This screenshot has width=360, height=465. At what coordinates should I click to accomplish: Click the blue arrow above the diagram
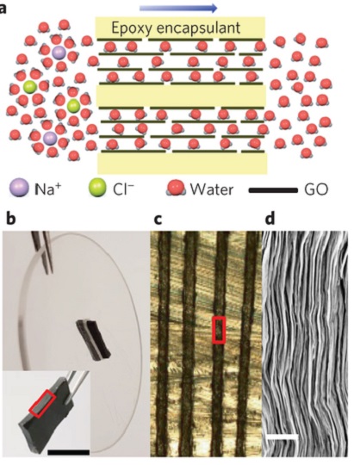tap(178, 9)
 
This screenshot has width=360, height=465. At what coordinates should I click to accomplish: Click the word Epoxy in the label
tap(132, 28)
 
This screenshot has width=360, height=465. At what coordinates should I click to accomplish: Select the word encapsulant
tap(198, 28)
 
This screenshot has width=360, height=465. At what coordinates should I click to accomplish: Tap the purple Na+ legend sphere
tap(19, 188)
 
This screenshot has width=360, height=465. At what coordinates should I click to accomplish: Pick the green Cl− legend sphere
tap(97, 188)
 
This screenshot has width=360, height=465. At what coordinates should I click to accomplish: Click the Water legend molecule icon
tap(176, 189)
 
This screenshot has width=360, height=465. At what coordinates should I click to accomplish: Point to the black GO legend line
tap(273, 190)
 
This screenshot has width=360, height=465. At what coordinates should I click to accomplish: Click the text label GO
tap(316, 189)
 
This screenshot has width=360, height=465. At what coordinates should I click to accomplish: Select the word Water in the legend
tap(212, 189)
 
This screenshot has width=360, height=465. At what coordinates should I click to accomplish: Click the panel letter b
tap(10, 220)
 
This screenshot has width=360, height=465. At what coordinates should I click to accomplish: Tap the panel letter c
tap(158, 220)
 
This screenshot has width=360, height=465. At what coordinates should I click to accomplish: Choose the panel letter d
tap(270, 219)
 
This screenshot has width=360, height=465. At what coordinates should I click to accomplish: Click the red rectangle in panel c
tap(219, 330)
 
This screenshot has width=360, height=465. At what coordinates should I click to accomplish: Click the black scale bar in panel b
tap(68, 452)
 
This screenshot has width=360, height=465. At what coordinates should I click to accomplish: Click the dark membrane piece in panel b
tap(93, 339)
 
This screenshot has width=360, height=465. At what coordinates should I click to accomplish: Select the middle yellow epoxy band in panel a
tap(181, 96)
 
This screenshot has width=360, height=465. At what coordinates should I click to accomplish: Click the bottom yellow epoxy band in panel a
tap(183, 163)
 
